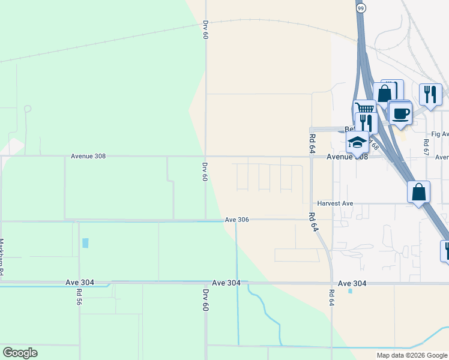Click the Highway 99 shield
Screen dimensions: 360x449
pos(360,8)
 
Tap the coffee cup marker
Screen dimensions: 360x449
pos(400,112)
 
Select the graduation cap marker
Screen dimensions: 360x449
pos(358,143)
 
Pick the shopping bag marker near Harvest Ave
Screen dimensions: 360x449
pos(418,192)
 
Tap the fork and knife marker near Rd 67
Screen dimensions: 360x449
pos(430,94)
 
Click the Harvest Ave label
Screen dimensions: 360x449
pos(336,203)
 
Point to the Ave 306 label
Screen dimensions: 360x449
pos(237,220)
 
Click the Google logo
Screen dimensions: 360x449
pos(20,353)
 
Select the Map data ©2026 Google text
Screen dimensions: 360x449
pos(411,355)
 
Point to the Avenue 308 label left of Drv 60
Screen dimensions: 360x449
pos(88,156)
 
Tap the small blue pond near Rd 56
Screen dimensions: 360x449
pos(85,243)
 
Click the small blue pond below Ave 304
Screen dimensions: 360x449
pos(350,291)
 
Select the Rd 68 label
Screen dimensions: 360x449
pos(375,145)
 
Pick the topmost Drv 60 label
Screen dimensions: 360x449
pos(205,30)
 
